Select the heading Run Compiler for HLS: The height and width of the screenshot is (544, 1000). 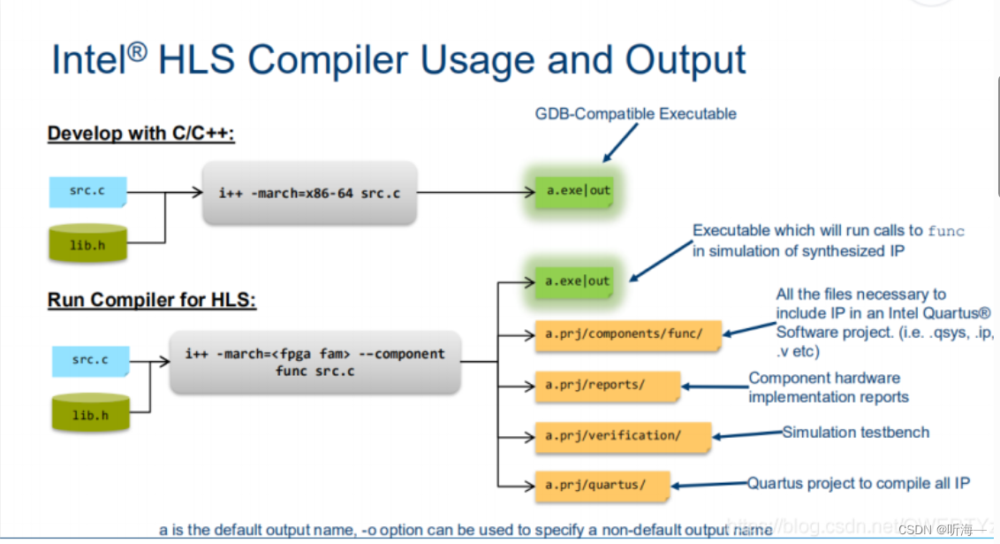151,301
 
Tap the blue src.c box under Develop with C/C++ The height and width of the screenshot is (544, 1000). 87,190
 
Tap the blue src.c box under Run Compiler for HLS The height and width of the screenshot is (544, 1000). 89,360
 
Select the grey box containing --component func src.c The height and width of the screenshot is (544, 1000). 314,362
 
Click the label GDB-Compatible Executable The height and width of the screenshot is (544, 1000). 635,114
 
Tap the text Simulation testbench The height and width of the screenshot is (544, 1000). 855,433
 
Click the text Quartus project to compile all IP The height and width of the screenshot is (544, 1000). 859,483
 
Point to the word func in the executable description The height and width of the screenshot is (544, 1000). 945,231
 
